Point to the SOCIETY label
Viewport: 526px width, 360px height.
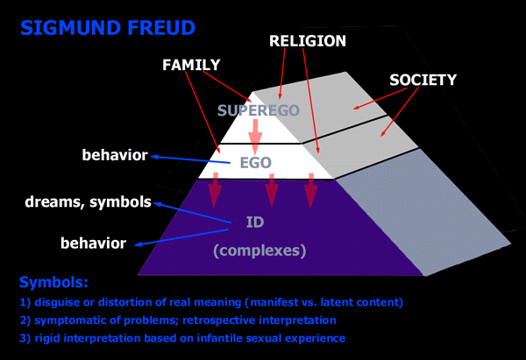coord(423,80)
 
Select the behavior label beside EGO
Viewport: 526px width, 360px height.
coord(115,157)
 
